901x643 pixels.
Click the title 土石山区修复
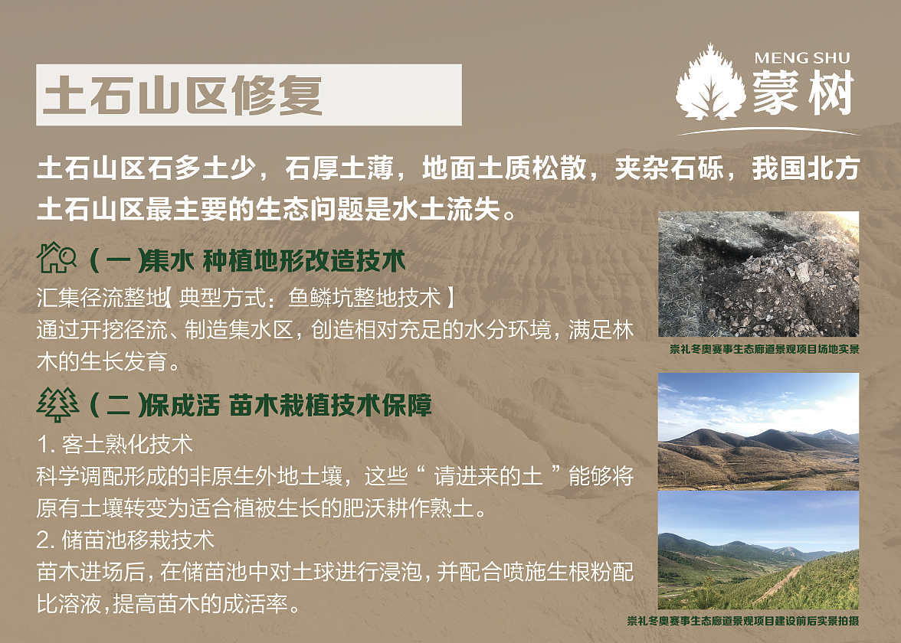click(x=182, y=95)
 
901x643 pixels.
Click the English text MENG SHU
click(x=801, y=58)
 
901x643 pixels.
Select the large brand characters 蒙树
click(x=802, y=93)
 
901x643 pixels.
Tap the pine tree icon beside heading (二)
click(x=57, y=404)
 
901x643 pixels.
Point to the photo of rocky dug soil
click(x=758, y=274)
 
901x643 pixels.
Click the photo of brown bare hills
click(x=758, y=431)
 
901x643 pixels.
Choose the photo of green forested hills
click(x=758, y=550)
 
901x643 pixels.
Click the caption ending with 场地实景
click(x=764, y=349)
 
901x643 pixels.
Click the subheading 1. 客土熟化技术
click(x=114, y=443)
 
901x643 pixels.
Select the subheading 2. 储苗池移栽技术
click(x=126, y=540)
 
